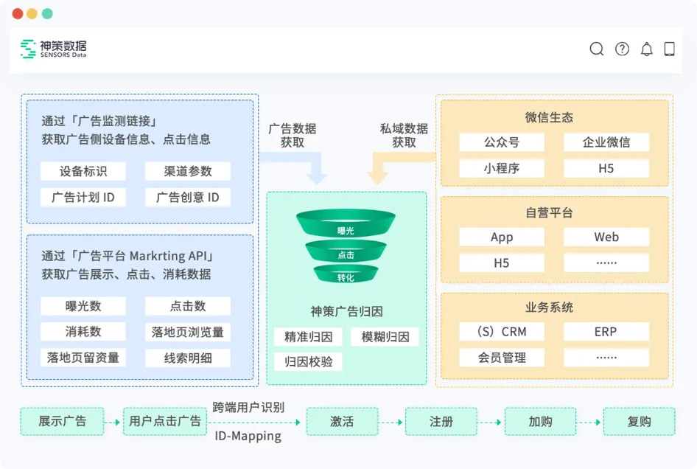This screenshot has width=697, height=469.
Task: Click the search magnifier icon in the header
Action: [x=597, y=49]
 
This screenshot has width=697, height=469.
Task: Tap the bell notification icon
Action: [x=646, y=49]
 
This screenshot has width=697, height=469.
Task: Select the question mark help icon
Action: [x=622, y=49]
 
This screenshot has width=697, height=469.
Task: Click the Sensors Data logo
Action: [x=54, y=49]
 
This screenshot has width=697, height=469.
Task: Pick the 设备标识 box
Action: [x=83, y=171]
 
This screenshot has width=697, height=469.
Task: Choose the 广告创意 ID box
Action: [x=188, y=198]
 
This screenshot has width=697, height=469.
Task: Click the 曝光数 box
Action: [x=83, y=306]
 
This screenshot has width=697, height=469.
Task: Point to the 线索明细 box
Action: [x=188, y=358]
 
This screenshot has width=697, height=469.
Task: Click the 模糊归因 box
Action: [x=385, y=337]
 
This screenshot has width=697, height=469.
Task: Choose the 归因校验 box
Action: [x=308, y=361]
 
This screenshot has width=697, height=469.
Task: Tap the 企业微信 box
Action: [x=606, y=142]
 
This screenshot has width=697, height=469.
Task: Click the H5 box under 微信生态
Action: [x=606, y=168]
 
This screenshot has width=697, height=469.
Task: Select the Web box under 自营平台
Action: [x=606, y=237]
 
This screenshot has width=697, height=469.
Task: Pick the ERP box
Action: [x=606, y=331]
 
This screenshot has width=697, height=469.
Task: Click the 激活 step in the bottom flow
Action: [x=342, y=422]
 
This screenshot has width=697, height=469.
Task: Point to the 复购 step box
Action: [x=639, y=422]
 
